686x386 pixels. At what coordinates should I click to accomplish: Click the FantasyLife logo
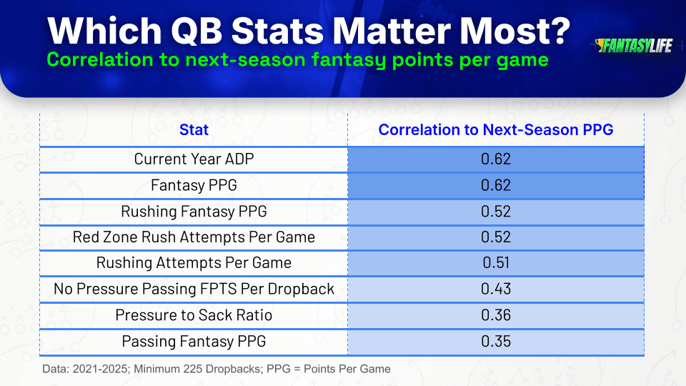tap(633, 45)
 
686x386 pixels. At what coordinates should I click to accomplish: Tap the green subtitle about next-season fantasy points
tap(297, 59)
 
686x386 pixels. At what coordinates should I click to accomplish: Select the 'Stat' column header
tap(194, 129)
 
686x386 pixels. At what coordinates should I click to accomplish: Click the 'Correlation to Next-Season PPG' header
tap(496, 129)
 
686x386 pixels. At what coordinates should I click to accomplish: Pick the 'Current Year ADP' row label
tap(194, 159)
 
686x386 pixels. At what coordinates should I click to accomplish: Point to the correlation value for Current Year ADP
tap(496, 159)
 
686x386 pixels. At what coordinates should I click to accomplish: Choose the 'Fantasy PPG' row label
tap(194, 185)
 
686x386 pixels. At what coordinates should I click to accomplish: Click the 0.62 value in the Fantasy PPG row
tap(496, 185)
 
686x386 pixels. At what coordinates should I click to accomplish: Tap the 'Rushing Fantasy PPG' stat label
tap(194, 212)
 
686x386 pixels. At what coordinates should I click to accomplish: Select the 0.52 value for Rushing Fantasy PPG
tap(496, 212)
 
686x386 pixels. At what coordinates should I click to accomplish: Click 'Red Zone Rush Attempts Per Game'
tap(194, 237)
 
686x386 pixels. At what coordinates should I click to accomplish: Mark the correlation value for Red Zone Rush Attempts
tap(496, 237)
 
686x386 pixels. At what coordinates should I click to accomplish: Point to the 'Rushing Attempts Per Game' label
tap(194, 262)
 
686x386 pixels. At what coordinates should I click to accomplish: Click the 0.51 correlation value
tap(496, 262)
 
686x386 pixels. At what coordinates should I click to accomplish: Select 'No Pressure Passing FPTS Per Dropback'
tap(194, 289)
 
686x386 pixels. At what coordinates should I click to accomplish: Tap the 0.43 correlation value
tap(496, 289)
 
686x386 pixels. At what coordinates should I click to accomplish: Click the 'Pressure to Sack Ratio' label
tap(194, 315)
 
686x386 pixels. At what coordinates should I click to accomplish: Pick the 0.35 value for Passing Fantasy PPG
tap(496, 342)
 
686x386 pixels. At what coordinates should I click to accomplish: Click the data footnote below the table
tap(217, 369)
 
